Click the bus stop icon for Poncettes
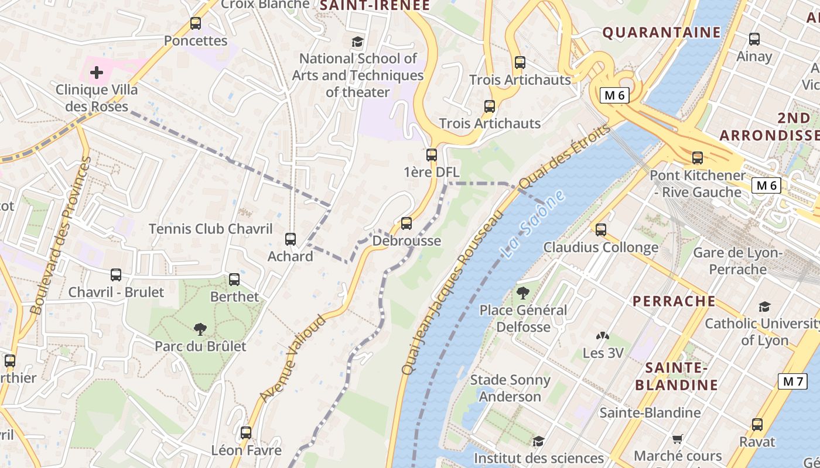coord(196,24)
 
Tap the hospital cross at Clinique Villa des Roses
coord(97,73)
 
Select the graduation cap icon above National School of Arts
coord(357,42)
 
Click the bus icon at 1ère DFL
coord(432,155)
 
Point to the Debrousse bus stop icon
coord(406,223)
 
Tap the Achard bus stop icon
coord(291,239)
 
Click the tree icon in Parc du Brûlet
coord(200,329)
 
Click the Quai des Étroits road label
coord(565,156)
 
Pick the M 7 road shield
coord(793,381)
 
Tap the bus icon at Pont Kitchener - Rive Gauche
coord(697,158)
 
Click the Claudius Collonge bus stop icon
coord(601,230)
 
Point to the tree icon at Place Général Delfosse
coord(523,293)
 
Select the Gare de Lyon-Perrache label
coord(737,261)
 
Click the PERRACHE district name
coord(674,301)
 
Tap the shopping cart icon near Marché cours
coord(678,439)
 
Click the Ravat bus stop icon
coord(757,425)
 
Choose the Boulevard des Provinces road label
coord(60,235)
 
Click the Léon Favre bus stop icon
coord(246,433)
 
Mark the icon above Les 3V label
coord(603,336)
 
